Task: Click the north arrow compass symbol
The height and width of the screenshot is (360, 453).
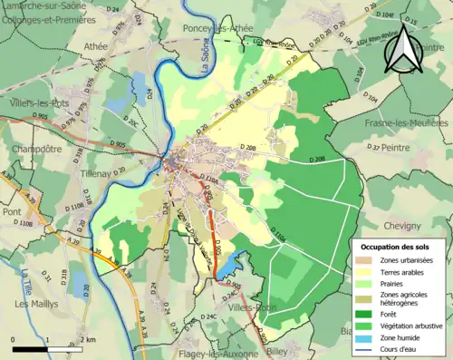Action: pos(401,53)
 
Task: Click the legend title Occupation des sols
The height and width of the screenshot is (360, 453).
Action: pos(397,246)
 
